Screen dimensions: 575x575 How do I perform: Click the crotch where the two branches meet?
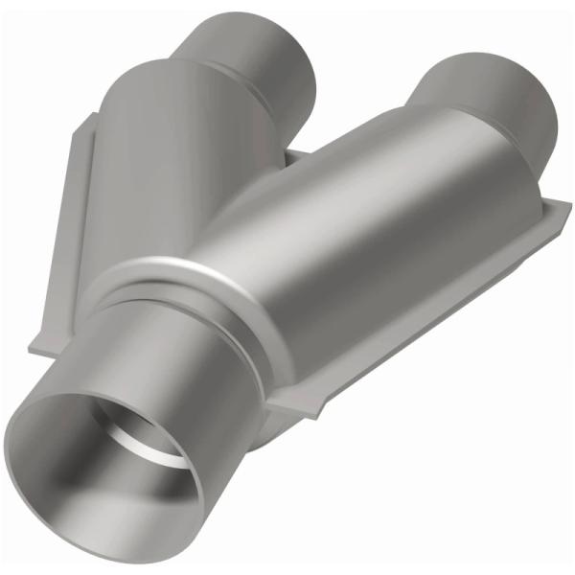(x=292, y=158)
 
